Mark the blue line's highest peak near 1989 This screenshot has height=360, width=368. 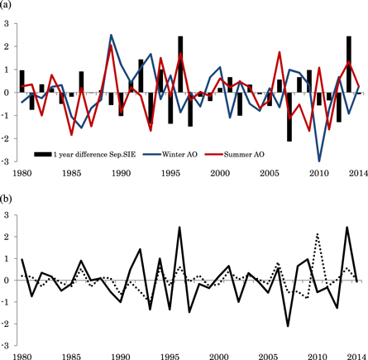(112, 36)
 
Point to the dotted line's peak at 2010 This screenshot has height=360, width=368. (318, 234)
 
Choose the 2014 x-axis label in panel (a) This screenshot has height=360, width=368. (356, 172)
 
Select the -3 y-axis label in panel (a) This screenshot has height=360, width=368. (7, 161)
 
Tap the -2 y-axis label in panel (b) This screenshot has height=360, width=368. (7, 324)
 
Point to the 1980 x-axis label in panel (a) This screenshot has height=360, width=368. (22, 172)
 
